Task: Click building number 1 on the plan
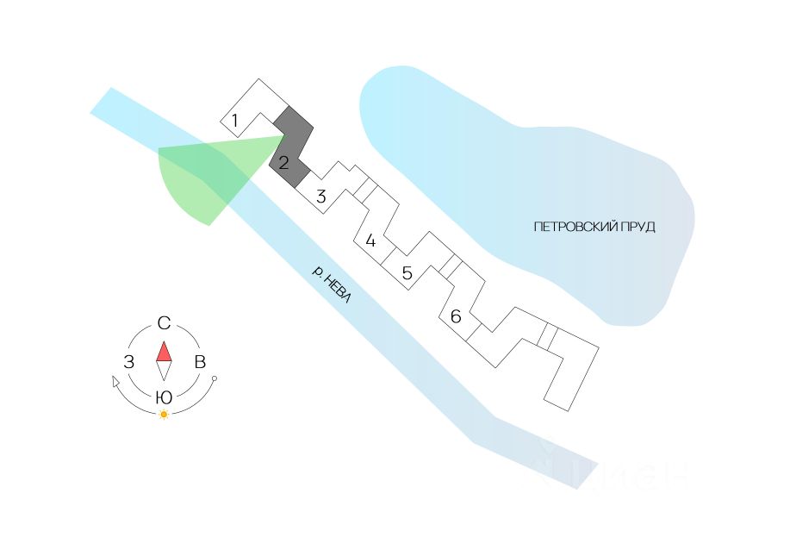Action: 234,120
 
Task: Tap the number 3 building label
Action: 320,197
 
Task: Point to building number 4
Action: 370,241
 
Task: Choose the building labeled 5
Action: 407,274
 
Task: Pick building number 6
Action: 456,317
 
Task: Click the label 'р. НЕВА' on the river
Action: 333,284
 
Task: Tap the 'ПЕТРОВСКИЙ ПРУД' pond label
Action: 594,227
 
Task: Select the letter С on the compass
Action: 164,324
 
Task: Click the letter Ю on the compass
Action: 164,397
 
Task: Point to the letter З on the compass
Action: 128,362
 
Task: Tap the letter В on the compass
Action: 200,362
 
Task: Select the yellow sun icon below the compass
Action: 164,415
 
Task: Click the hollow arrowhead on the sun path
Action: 116,381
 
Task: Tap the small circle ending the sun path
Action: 215,378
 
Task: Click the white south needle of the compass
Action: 164,371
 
